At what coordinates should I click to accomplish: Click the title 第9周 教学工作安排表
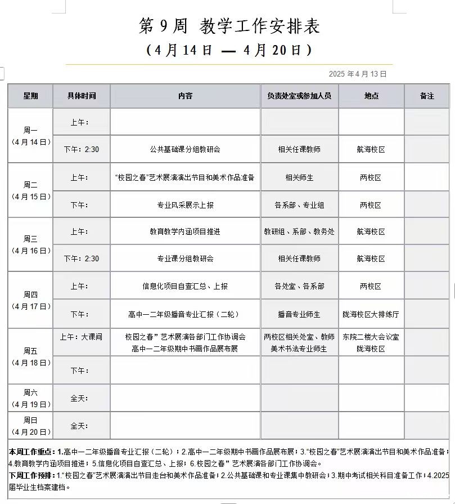coord(229,26)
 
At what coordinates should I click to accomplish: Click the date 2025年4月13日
coord(358,74)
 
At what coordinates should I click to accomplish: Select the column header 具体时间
coord(82,96)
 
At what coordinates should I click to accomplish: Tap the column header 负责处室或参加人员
coord(299,96)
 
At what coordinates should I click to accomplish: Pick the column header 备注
coord(427,96)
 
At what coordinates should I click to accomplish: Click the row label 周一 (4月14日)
coord(31,136)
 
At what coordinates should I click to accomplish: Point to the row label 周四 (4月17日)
coord(31,300)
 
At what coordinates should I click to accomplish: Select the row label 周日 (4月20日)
coord(31,425)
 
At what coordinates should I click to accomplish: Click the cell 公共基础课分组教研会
coord(185,149)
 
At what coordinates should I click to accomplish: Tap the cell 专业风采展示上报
coord(185,205)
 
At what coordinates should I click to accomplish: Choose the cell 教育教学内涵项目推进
coord(185,231)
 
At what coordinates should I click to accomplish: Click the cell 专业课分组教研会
coord(185,258)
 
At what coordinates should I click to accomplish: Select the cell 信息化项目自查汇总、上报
coord(185,286)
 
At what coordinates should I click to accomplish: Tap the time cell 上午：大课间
coord(82,337)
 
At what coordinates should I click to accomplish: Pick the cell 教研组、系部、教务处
coord(299,231)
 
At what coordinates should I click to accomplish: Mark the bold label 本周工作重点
coord(32,452)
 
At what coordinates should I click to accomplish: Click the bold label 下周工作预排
coord(32,475)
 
